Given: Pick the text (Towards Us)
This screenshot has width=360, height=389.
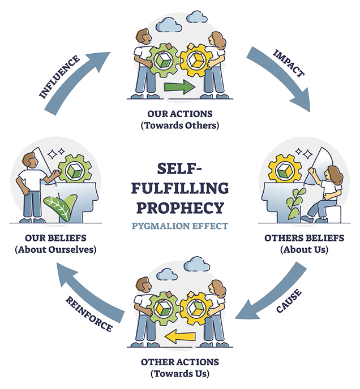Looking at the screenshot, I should pos(179,373).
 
